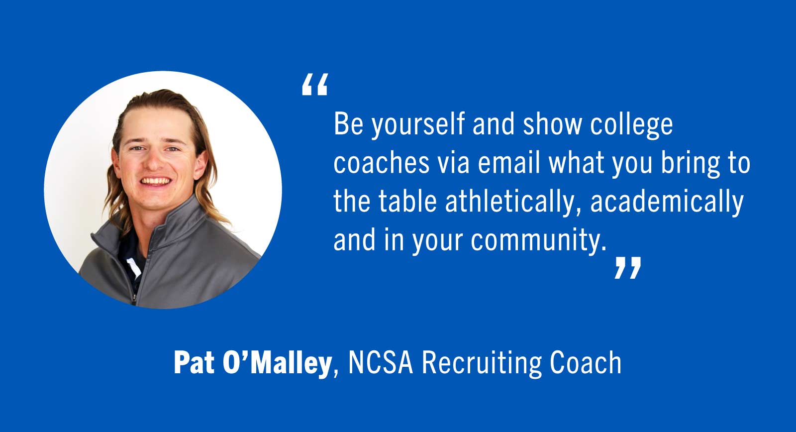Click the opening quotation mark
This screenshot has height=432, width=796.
tap(314, 85)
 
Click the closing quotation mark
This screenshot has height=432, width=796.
tap(627, 268)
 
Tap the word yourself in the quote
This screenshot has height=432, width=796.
tap(418, 124)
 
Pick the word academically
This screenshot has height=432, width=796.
tap(667, 202)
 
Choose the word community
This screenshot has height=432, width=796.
tap(538, 240)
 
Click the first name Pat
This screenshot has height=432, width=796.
tap(194, 363)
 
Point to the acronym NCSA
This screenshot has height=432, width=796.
tap(381, 363)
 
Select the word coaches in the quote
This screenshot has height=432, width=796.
tap(381, 163)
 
